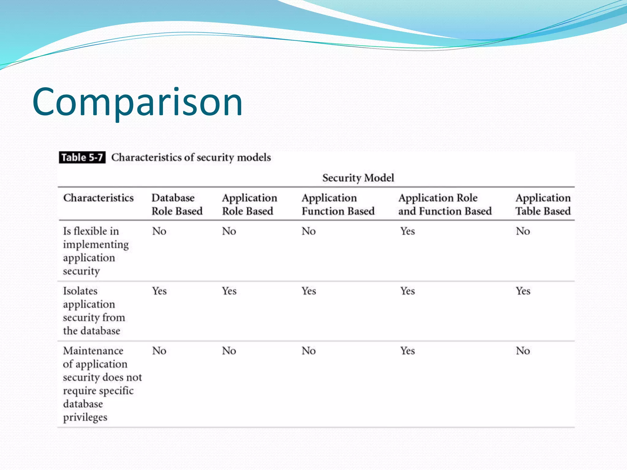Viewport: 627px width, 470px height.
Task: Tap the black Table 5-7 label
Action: tap(82, 158)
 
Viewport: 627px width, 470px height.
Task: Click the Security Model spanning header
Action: tap(358, 178)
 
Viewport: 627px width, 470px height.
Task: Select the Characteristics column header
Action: tap(98, 198)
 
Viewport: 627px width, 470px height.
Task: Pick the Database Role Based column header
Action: tap(177, 204)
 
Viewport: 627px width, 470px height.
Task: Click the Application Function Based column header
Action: tap(338, 204)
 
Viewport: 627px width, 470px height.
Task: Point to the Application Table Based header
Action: tap(543, 204)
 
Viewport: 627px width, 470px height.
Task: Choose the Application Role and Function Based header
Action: tap(445, 204)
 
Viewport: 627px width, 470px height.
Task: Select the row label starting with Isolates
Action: tap(94, 311)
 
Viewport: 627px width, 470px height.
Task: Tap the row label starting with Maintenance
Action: tap(102, 384)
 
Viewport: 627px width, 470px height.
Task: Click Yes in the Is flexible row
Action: tap(407, 231)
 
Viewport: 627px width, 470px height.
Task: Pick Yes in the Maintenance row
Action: tap(407, 351)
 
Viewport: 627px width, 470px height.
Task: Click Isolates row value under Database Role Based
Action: tap(159, 291)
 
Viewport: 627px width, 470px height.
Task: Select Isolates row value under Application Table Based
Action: tap(523, 291)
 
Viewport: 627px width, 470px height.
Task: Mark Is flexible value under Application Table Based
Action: tap(523, 231)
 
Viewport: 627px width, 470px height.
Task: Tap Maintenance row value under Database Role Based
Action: tap(159, 351)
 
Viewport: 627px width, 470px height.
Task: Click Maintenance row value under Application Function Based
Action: tap(308, 351)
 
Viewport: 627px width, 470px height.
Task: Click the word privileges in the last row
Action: tap(85, 417)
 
